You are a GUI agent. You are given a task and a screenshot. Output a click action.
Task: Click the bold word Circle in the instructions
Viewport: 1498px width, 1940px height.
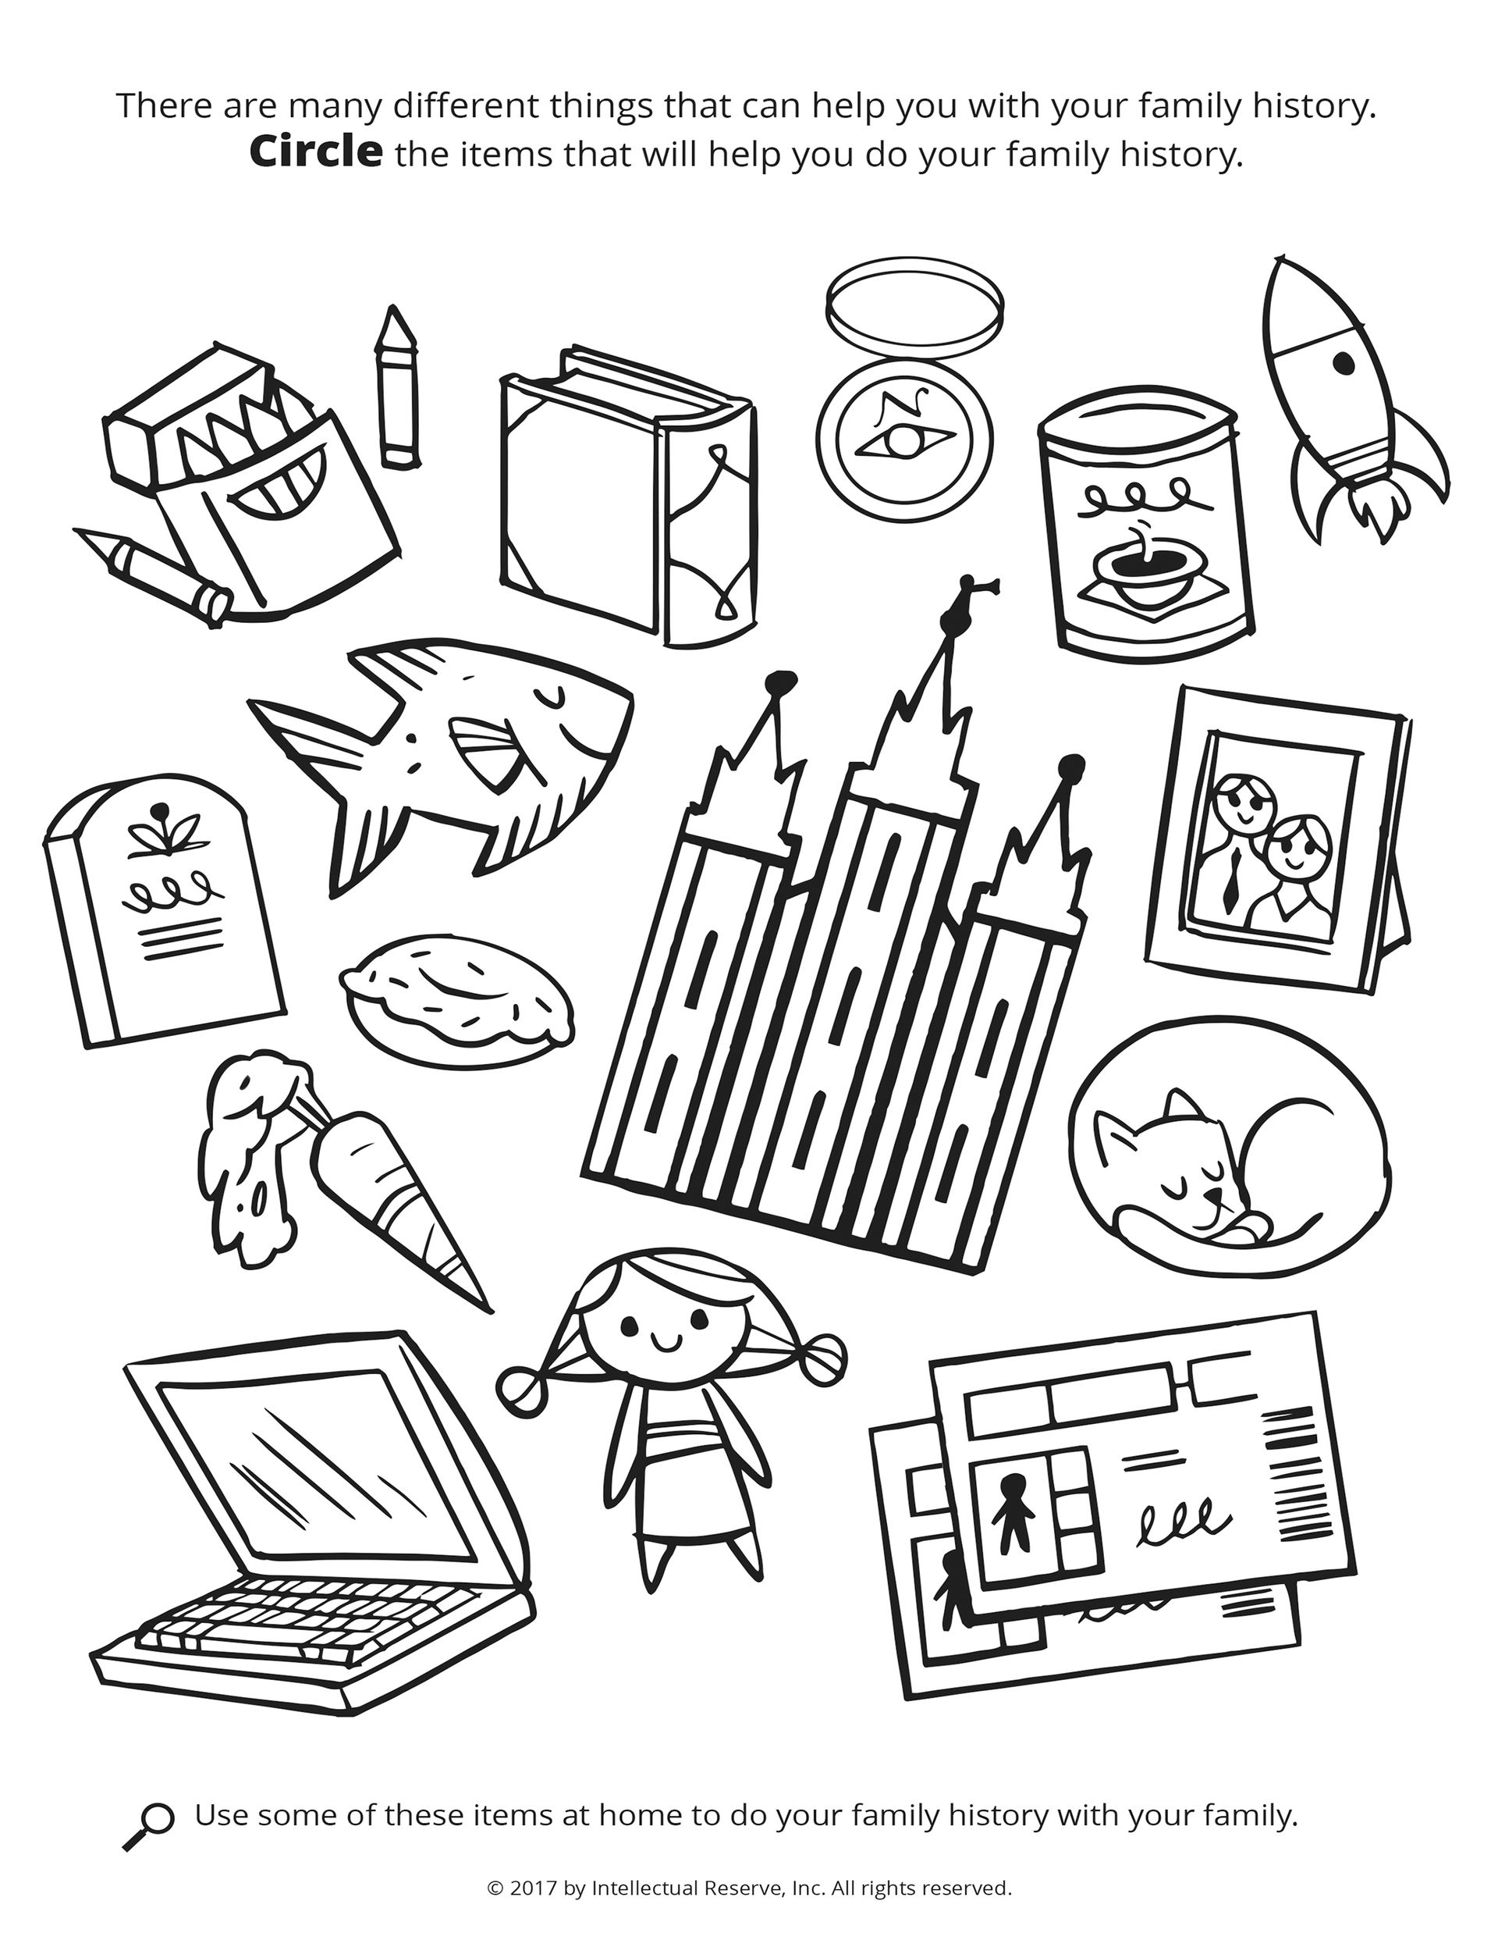pos(316,153)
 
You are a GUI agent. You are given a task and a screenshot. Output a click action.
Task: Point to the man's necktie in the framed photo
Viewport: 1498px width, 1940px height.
pos(1230,876)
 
